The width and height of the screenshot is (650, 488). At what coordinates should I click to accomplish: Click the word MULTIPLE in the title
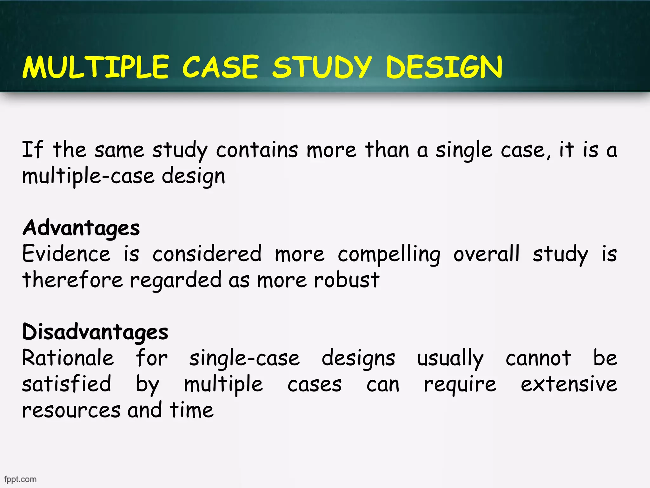point(96,67)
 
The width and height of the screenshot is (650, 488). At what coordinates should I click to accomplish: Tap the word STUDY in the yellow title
point(322,67)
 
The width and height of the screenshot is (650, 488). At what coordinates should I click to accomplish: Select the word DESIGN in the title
point(444,67)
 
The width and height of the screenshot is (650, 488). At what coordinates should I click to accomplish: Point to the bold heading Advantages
point(81,228)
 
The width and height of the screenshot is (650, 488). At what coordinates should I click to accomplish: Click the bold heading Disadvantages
point(95,332)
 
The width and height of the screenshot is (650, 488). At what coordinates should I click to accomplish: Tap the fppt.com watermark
point(20,479)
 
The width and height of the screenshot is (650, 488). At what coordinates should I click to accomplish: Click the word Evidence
point(66,254)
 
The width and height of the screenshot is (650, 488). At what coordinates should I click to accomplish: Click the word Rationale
point(68,358)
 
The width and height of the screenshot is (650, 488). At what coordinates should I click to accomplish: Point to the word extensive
point(569,384)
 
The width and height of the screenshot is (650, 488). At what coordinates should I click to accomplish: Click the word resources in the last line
point(71,410)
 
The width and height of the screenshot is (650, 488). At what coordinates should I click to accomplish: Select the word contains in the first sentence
point(257,150)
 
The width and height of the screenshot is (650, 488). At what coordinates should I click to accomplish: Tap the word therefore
point(72,280)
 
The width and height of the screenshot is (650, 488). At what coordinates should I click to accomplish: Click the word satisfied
point(67,384)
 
